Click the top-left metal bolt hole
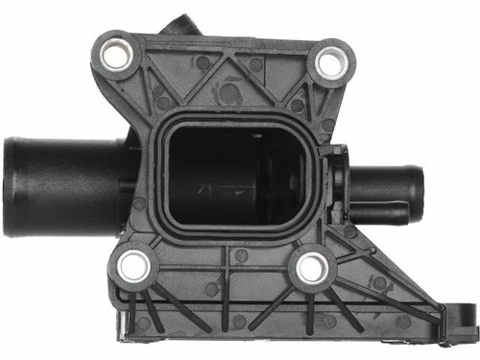click(x=115, y=53)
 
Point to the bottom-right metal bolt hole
click(x=310, y=269)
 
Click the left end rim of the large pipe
click(x=10, y=186)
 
